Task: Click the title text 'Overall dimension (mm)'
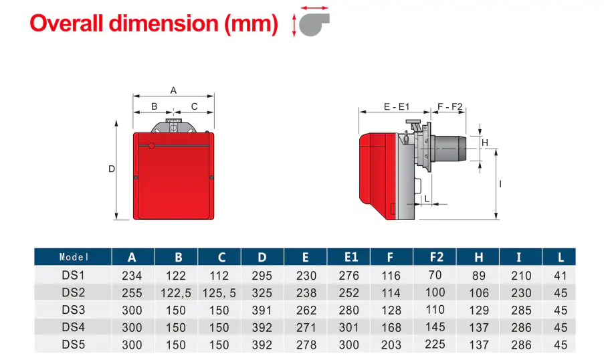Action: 154,23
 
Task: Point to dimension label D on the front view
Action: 112,169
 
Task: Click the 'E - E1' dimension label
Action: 396,106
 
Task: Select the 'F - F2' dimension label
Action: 450,106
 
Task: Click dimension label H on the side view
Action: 486,142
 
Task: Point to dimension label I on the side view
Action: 500,183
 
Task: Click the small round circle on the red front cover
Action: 152,145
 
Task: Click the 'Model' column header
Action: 74,257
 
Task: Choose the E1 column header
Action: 351,257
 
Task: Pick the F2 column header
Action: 437,257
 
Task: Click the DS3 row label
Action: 74,310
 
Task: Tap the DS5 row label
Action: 74,345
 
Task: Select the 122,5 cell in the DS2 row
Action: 177,292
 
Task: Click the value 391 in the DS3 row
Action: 262,310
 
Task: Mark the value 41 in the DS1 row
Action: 561,275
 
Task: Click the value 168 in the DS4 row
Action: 391,327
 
